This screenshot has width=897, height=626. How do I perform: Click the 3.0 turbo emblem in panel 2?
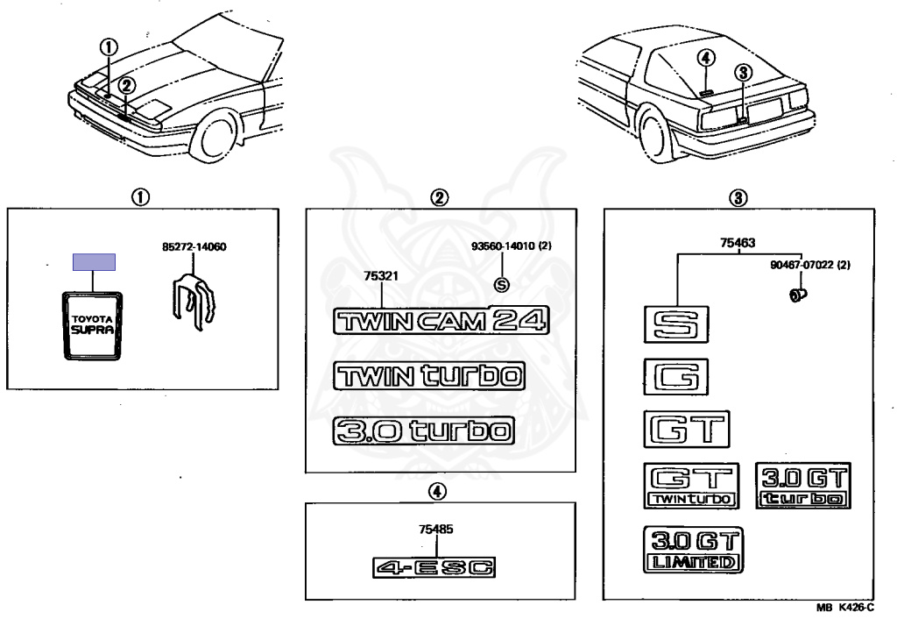[423, 430]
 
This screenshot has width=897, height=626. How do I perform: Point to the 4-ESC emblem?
[434, 566]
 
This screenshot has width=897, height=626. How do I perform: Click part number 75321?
[382, 275]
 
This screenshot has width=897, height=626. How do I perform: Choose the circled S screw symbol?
[501, 283]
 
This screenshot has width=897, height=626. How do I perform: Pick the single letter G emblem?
[675, 377]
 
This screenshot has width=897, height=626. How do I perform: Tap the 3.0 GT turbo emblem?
[803, 486]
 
